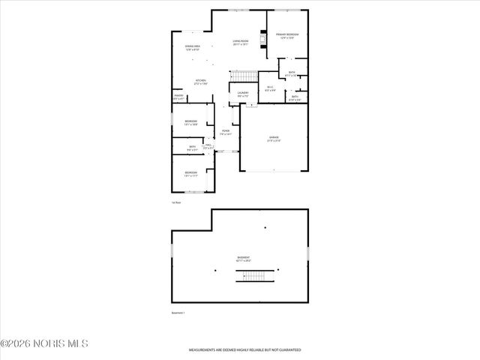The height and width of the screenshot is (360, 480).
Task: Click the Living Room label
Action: (x=240, y=43)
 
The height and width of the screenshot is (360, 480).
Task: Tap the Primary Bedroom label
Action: (x=287, y=36)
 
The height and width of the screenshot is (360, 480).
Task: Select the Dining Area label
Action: (x=192, y=48)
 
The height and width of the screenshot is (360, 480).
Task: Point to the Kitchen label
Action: (x=201, y=82)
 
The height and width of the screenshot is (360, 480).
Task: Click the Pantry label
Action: (x=179, y=97)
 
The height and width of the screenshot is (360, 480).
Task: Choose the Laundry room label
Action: (x=243, y=94)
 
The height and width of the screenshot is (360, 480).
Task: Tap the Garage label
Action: (x=274, y=139)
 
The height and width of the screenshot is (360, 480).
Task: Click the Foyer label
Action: (x=226, y=132)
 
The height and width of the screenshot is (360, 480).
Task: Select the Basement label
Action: (x=244, y=259)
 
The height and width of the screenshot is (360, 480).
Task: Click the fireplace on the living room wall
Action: (x=262, y=38)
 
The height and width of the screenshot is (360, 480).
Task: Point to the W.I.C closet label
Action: (x=271, y=89)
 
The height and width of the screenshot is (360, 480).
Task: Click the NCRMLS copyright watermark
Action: (x=44, y=343)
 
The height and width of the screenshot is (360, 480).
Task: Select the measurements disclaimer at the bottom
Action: (x=244, y=349)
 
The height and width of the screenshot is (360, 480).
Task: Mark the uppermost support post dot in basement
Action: (x=265, y=227)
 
